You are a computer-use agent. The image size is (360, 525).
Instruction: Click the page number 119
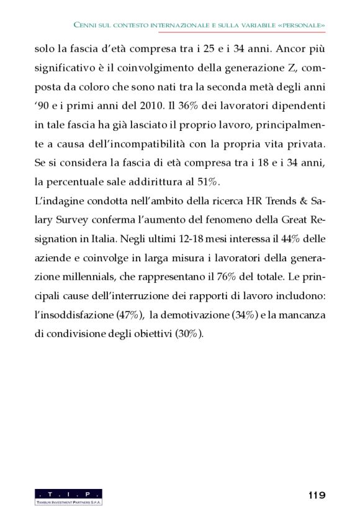pyautogui.click(x=317, y=495)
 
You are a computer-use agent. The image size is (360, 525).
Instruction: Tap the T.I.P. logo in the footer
pyautogui.click(x=68, y=496)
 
